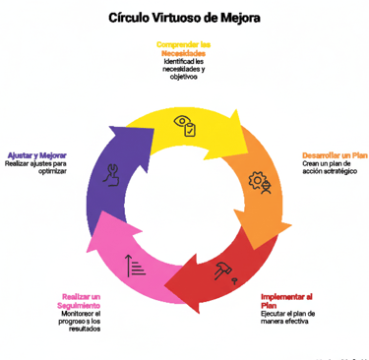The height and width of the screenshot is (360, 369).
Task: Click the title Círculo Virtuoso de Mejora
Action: click(x=185, y=18)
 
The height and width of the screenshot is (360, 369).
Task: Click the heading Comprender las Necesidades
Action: click(x=184, y=48)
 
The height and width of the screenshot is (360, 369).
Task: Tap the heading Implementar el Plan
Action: click(x=287, y=300)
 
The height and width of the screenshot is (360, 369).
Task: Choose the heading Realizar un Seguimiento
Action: click(x=81, y=300)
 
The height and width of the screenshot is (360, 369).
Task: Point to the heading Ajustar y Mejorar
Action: click(x=37, y=155)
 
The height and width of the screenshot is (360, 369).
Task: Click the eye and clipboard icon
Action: click(x=184, y=125)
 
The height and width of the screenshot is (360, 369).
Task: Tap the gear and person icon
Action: click(x=261, y=183)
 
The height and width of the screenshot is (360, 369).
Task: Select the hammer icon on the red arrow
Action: click(x=225, y=270)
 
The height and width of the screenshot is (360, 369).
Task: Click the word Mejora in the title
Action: click(x=241, y=18)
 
